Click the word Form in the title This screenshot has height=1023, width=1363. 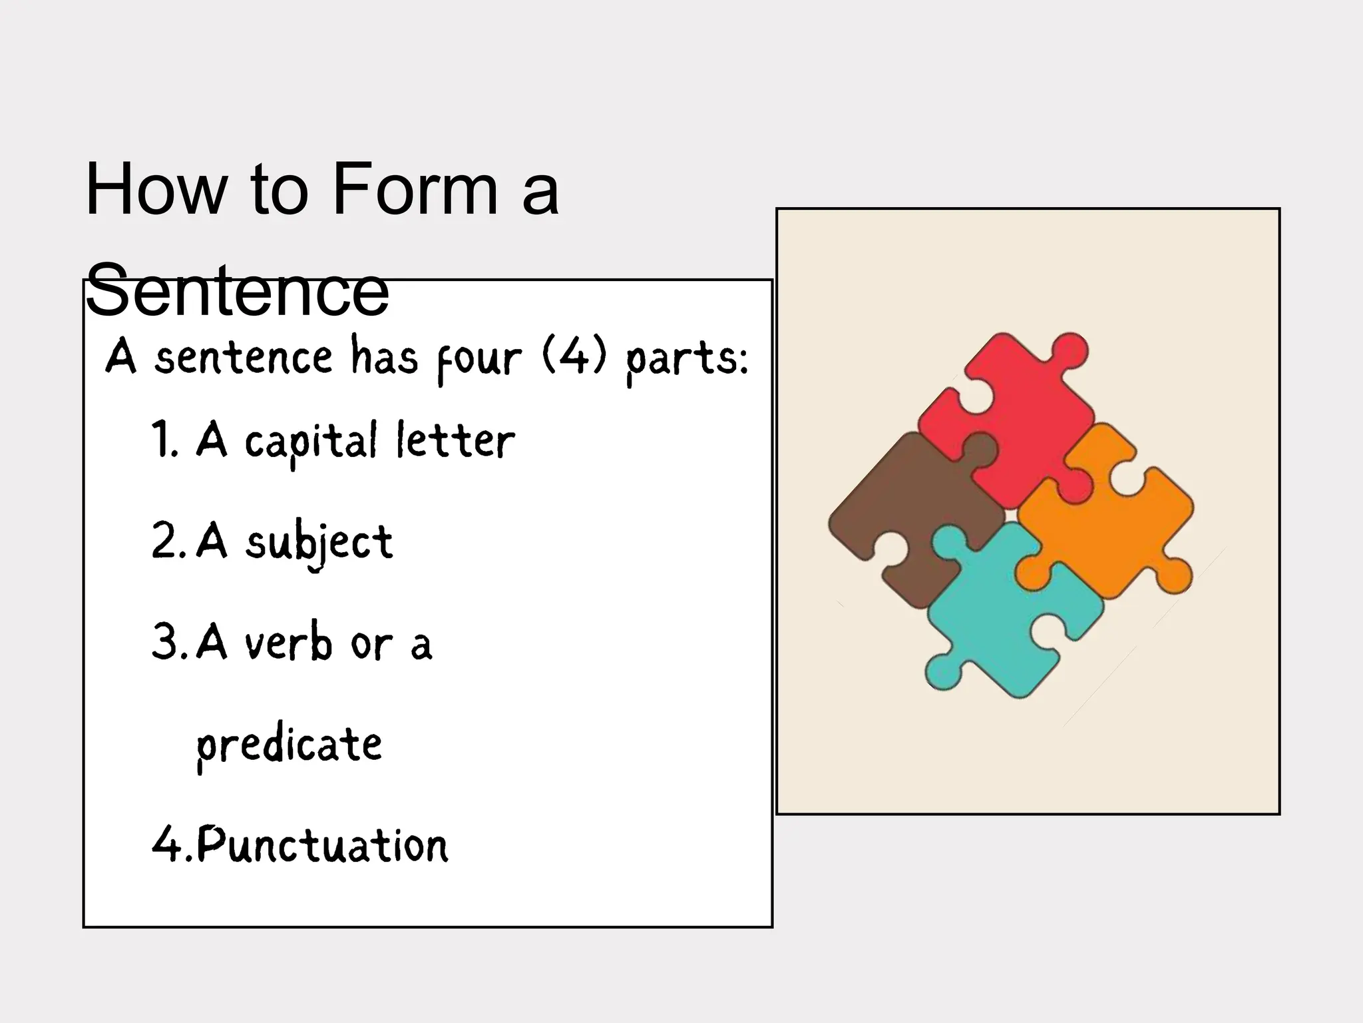[415, 190]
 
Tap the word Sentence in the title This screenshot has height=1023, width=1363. [237, 290]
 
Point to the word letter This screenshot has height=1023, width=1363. [455, 440]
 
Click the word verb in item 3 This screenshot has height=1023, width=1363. [288, 643]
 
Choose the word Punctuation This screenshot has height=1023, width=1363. [323, 845]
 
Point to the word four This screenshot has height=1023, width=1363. [479, 359]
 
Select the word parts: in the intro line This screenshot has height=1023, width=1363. [687, 360]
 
